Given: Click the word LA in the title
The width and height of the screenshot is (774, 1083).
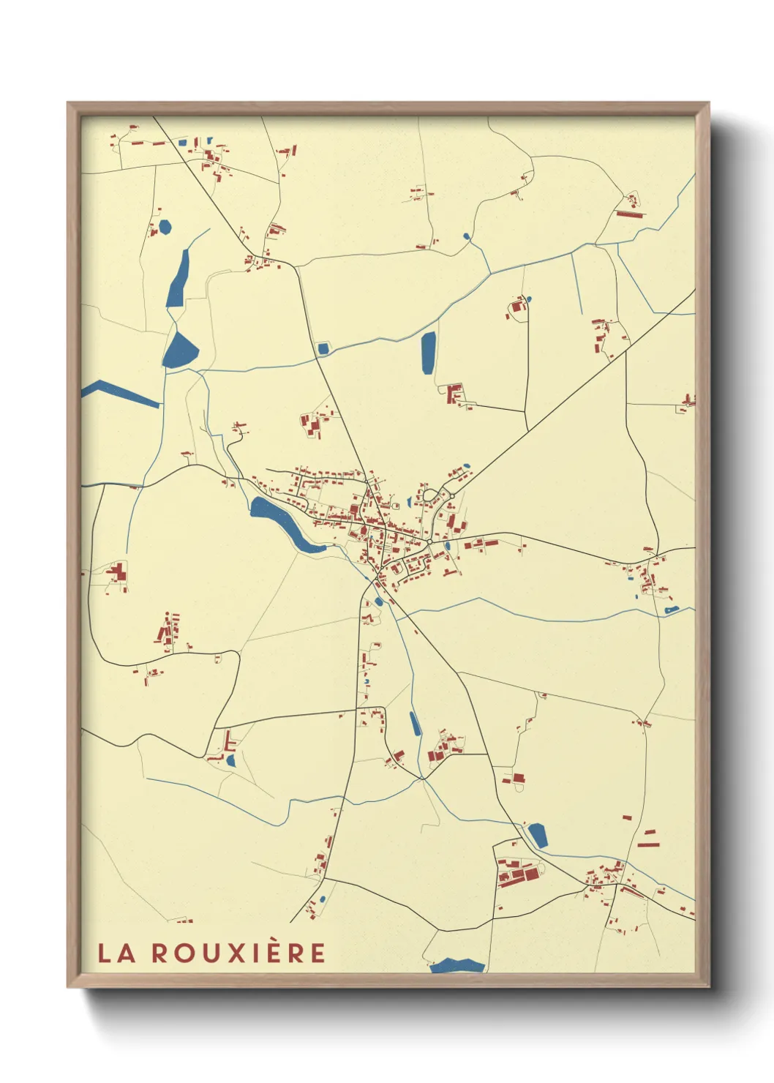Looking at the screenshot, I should tap(116, 953).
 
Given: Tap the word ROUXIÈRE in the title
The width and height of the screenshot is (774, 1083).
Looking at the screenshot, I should tap(238, 953).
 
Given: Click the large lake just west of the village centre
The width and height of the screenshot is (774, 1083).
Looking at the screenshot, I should tap(282, 521).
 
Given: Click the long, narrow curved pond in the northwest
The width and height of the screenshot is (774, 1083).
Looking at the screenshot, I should tap(177, 279).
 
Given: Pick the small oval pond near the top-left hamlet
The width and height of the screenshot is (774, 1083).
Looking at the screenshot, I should tap(165, 227).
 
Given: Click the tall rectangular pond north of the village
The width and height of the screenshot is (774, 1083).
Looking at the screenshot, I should tap(428, 353).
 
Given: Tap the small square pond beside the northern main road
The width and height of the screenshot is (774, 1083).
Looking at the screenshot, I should tap(323, 348).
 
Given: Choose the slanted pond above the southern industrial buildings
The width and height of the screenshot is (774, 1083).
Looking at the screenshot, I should tap(538, 835).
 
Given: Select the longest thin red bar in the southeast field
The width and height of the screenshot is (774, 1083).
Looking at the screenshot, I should tap(648, 844).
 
